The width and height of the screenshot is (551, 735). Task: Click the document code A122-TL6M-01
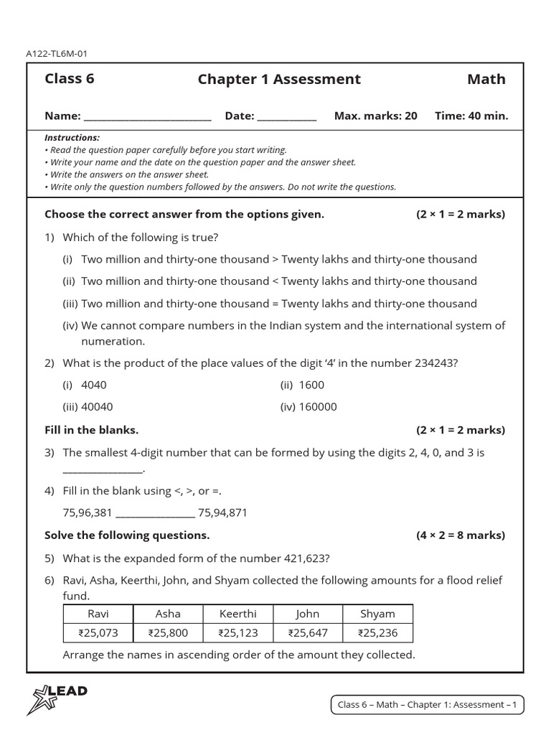click(x=57, y=53)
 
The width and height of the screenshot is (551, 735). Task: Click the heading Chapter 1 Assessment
click(x=279, y=79)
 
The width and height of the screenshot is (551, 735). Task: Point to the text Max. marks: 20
click(x=375, y=116)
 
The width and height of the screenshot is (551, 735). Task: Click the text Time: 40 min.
click(x=471, y=116)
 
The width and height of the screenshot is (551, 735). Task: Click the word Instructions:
click(x=72, y=137)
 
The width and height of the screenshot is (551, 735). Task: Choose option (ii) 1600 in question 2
click(x=302, y=385)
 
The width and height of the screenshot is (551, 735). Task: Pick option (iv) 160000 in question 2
click(x=308, y=407)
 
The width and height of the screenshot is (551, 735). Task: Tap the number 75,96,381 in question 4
click(x=88, y=512)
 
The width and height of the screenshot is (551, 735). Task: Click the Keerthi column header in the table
click(x=237, y=614)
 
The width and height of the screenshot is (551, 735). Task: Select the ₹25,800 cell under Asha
click(x=168, y=633)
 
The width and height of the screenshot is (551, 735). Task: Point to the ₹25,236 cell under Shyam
click(x=377, y=633)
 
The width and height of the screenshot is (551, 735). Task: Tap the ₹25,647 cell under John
click(x=307, y=633)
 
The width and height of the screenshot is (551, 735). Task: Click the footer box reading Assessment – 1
click(x=427, y=705)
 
